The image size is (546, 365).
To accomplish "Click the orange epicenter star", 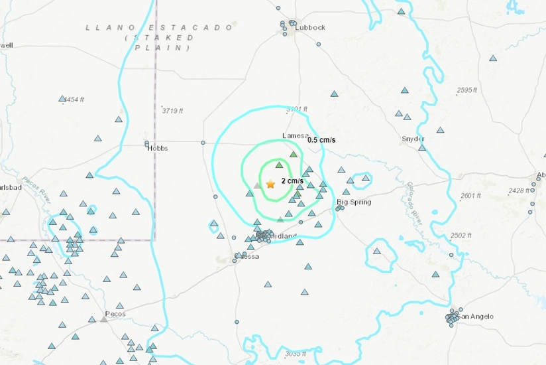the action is [270, 184].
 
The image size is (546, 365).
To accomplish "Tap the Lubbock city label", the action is [311, 27].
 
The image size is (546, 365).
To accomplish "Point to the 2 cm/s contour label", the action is [292, 181].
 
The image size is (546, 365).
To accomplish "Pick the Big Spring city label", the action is [354, 202].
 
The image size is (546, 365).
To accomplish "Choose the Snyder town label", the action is [413, 139].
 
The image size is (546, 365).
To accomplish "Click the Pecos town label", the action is [115, 313].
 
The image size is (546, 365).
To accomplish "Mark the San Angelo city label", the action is [476, 317].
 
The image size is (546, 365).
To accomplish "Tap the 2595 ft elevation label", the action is [467, 90].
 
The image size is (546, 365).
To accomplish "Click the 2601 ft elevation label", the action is [470, 195].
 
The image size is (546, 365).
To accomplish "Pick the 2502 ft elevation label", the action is [461, 236].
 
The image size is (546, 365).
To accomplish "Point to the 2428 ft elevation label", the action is [519, 190].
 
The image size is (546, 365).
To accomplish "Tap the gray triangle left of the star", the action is [257, 186].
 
